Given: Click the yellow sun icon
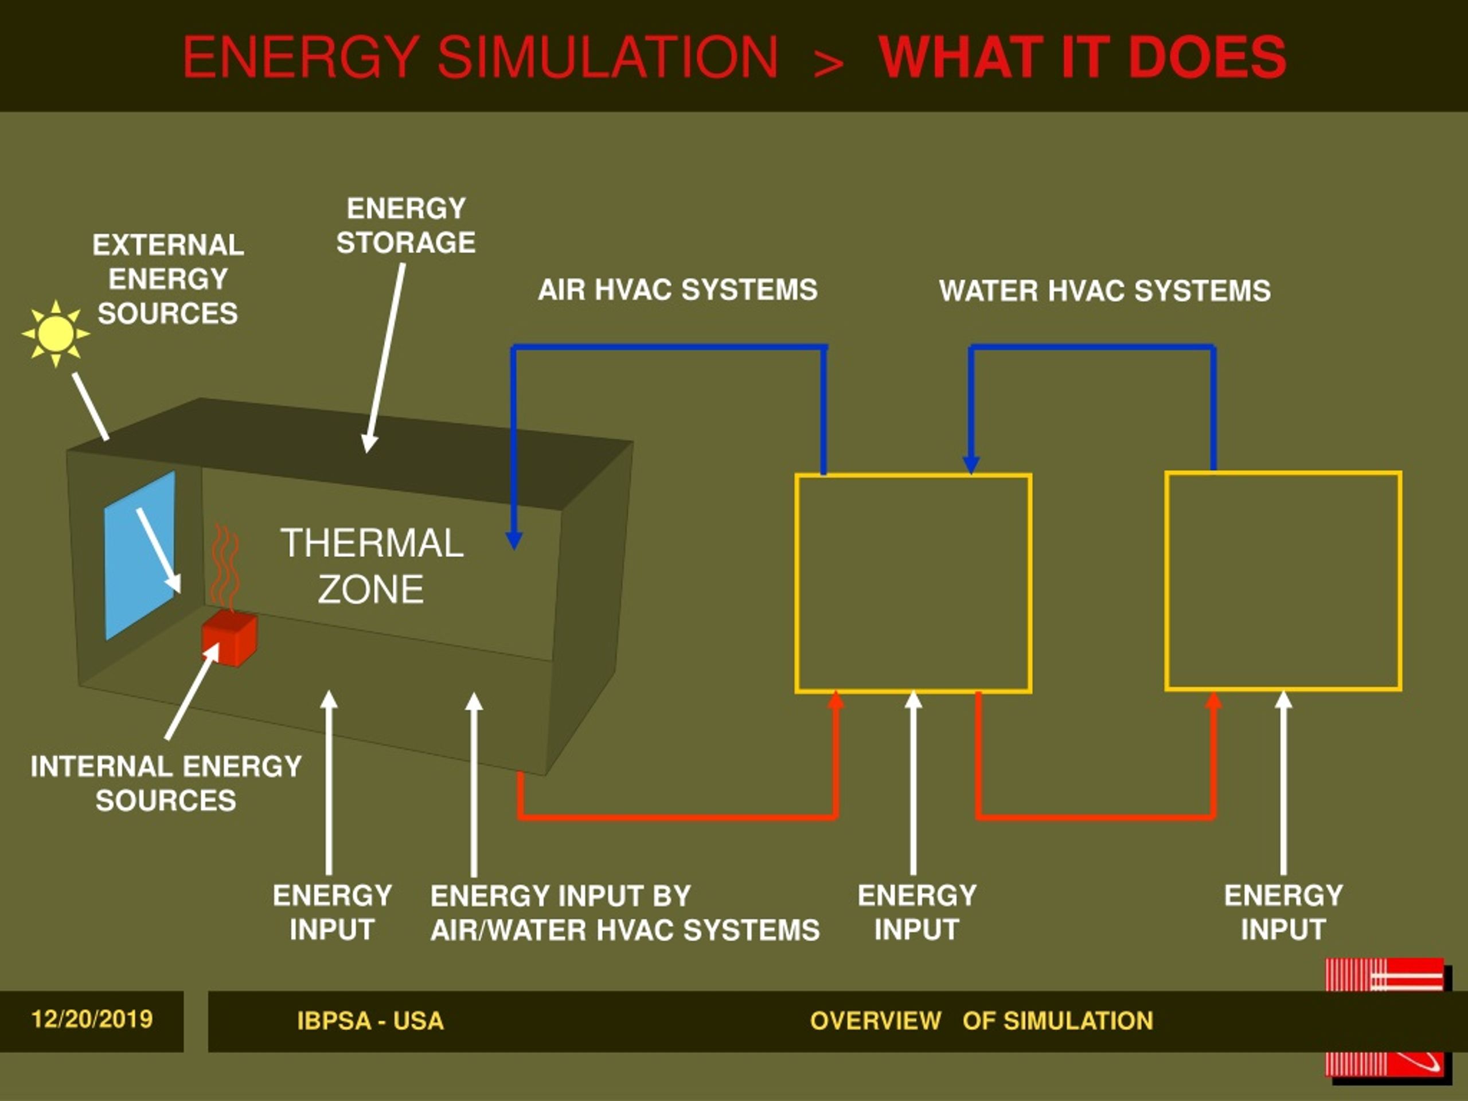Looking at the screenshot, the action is (x=56, y=333).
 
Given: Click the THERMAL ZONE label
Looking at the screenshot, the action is (x=372, y=565).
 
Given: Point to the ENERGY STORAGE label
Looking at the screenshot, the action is (x=406, y=225).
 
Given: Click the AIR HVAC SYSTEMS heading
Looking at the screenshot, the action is (x=678, y=290).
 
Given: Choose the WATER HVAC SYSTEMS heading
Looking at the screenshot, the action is (x=1105, y=291).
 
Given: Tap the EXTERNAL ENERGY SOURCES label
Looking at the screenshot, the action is (x=168, y=279).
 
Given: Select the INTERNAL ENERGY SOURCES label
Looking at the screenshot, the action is (x=166, y=783).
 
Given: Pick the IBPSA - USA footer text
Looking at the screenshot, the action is (x=370, y=1021).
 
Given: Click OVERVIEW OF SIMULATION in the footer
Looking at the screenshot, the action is (x=982, y=1021).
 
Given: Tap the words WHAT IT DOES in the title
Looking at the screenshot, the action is (x=1083, y=57).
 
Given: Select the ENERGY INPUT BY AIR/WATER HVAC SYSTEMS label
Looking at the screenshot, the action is (x=625, y=913).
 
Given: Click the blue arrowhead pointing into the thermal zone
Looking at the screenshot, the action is (x=514, y=540).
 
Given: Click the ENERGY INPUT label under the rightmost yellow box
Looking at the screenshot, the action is (x=1283, y=912).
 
